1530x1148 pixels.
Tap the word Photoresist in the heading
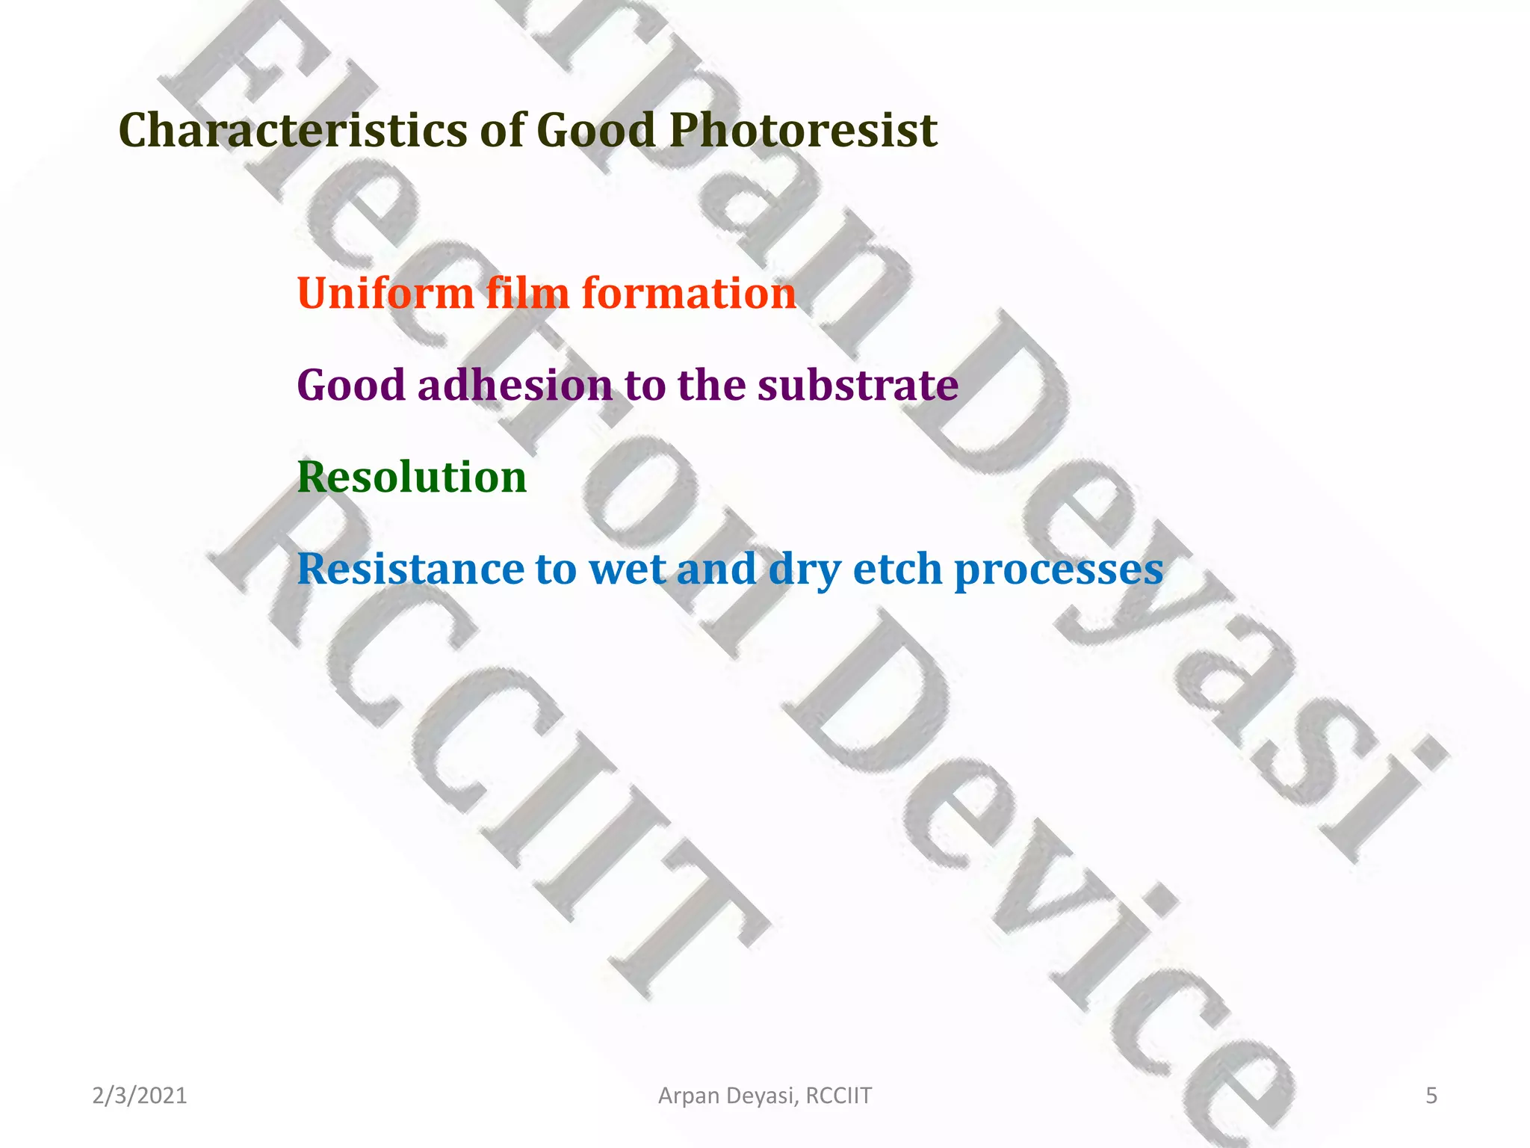(802, 130)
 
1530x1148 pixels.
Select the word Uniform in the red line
(385, 293)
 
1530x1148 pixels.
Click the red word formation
(689, 293)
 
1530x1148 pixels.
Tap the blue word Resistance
(410, 569)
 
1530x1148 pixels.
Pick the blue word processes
(1059, 570)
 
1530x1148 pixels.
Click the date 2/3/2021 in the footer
(140, 1096)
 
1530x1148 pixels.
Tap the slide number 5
(1431, 1096)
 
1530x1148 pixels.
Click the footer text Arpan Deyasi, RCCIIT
(764, 1096)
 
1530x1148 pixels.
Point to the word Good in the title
(595, 130)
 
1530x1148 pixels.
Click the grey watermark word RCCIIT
(486, 740)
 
